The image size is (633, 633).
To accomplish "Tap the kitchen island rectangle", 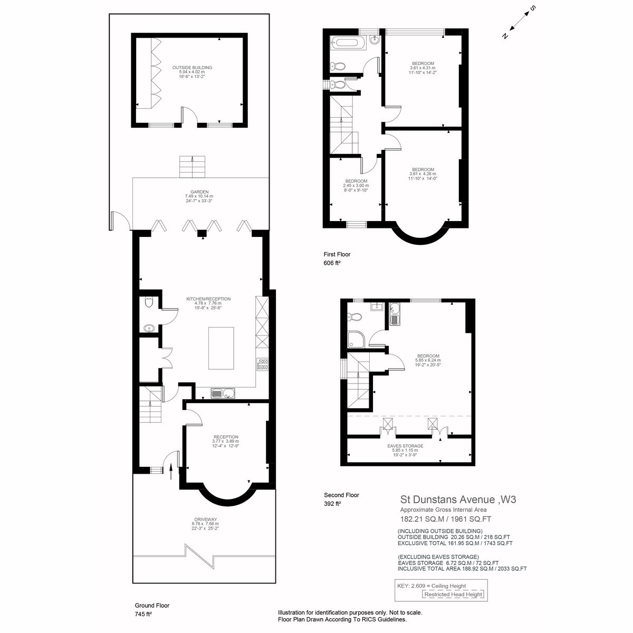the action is coord(221,348).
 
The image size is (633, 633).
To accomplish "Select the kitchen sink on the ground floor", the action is coord(223,393).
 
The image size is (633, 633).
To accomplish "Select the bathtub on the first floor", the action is coord(349,43).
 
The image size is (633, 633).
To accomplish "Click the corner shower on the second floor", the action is coord(355,339).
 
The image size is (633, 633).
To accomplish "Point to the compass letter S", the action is coord(533,8).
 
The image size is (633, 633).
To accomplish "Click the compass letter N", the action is coord(505,36).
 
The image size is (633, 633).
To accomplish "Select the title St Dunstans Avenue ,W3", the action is coord(458,500).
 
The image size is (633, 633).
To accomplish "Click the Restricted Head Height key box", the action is coord(453,594).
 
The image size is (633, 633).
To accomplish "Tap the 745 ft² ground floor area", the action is coord(143,614).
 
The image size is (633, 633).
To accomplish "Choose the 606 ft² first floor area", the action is coord(332,263).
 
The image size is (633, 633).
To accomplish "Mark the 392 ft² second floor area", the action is coord(332,504).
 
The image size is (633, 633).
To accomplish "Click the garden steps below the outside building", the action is coord(192,167).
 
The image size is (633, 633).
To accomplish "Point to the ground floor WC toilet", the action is coord(149,302).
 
